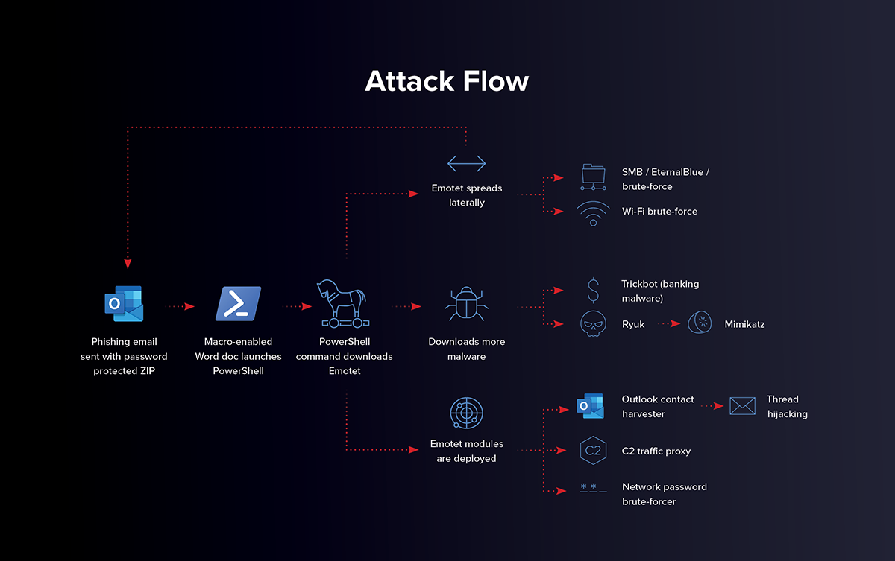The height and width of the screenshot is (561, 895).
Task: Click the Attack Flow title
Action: coord(447,81)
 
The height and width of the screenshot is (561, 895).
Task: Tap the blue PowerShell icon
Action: coord(238,304)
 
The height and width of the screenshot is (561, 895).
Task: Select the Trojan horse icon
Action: coord(344,304)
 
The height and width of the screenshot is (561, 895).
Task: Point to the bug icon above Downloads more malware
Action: coord(466,305)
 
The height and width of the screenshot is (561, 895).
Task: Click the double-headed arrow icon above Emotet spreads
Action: coord(466,163)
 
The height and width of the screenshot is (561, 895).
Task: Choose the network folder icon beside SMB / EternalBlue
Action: coord(593,176)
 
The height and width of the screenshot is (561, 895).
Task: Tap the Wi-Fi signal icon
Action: coord(593,212)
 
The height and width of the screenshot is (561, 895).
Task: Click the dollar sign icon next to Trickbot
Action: coord(593,290)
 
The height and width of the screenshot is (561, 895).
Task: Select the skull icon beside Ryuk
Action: coord(593,325)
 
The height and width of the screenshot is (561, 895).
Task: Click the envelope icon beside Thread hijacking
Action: coord(742,406)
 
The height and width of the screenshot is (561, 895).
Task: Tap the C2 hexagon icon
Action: coord(593,451)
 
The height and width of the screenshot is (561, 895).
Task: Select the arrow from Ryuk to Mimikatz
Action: coord(669,324)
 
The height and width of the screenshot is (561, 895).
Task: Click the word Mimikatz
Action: coord(744,324)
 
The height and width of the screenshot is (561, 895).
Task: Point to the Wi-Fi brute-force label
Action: coord(659,212)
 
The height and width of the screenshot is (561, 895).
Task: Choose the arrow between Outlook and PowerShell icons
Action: coord(180,306)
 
